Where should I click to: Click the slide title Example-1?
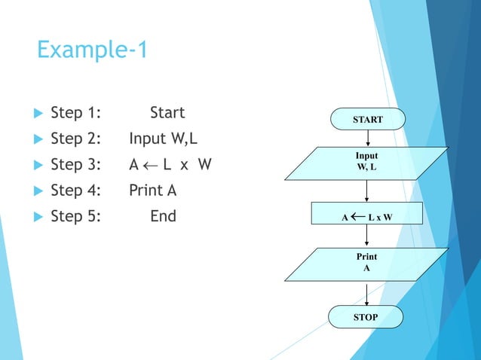93,51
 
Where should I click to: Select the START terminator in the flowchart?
367,119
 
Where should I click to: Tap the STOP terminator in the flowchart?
366,317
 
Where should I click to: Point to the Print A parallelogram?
367,262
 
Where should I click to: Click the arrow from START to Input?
367,138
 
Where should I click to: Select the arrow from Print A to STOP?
366,294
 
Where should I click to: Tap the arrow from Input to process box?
367,191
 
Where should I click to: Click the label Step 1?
76,113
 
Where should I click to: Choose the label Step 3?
76,165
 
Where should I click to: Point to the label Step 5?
76,216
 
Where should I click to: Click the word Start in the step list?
167,113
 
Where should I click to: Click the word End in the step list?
163,216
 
